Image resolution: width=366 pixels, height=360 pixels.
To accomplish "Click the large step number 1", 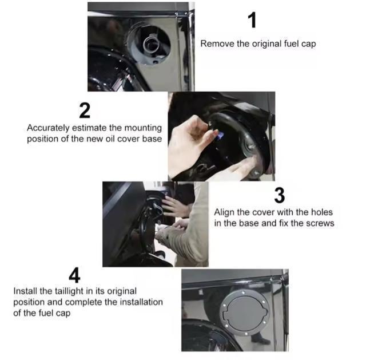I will pos(252,19).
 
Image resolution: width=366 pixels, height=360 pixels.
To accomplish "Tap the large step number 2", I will pos(85,110).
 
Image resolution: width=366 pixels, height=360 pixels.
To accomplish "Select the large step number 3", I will pos(279,195).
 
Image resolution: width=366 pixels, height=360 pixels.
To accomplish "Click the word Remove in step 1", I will pos(215,44).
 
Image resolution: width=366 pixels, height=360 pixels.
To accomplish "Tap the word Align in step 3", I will pos(224,212).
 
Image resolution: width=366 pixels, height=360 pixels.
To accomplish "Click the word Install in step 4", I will pos(25,291).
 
